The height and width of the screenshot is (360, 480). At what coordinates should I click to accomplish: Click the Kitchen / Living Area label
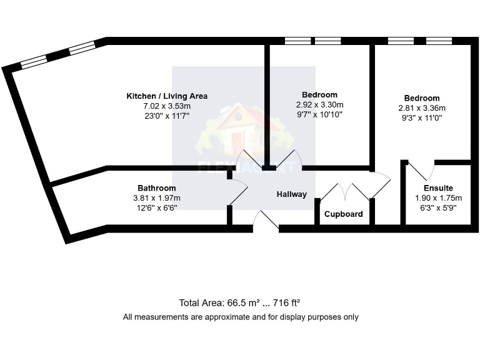pyautogui.click(x=167, y=96)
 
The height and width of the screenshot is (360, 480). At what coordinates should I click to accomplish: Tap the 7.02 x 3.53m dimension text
pyautogui.click(x=167, y=106)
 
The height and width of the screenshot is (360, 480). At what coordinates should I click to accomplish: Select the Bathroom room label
pyautogui.click(x=156, y=188)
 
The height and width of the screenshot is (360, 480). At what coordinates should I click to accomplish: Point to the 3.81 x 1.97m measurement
pyautogui.click(x=156, y=198)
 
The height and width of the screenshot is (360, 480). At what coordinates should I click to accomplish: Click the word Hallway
pyautogui.click(x=292, y=194)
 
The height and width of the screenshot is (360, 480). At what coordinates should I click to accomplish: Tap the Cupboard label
pyautogui.click(x=343, y=214)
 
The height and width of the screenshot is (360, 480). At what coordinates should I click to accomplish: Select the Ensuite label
pyautogui.click(x=438, y=188)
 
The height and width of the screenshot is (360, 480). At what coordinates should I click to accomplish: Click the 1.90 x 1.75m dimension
pyautogui.click(x=438, y=198)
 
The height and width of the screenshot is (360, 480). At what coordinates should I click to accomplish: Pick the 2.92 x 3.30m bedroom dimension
pyautogui.click(x=319, y=105)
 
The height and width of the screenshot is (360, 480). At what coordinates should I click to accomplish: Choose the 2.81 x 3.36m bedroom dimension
pyautogui.click(x=422, y=107)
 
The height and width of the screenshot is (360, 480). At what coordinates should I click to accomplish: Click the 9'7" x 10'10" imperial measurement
pyautogui.click(x=319, y=114)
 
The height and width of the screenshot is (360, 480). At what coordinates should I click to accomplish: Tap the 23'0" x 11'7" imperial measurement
pyautogui.click(x=167, y=116)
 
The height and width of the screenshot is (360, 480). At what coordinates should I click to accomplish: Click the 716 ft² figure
pyautogui.click(x=287, y=303)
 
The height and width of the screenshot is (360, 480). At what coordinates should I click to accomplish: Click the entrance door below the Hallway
pyautogui.click(x=266, y=221)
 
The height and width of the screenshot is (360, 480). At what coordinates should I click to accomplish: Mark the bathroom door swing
pyautogui.click(x=238, y=191)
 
